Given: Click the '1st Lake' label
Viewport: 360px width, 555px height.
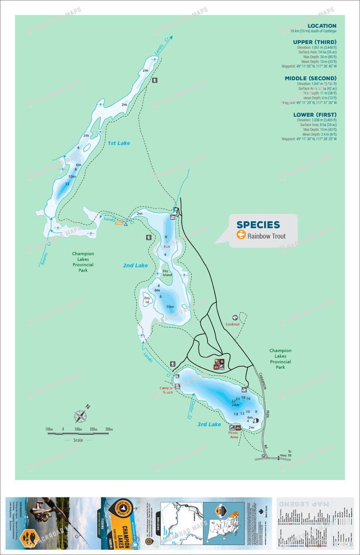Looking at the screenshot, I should tap(118, 143).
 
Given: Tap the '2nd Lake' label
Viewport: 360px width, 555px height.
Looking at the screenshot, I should tap(135, 265).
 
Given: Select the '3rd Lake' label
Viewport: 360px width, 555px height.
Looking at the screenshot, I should tap(209, 424).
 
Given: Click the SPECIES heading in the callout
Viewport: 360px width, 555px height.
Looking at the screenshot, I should tap(258, 225).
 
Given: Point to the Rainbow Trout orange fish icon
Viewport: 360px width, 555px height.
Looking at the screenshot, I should tap(241, 235).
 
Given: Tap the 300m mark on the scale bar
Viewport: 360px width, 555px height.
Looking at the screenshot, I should tap(108, 429).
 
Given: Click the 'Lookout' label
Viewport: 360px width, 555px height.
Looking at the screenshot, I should tap(232, 324).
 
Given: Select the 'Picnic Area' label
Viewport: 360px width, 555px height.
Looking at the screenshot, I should tap(234, 435).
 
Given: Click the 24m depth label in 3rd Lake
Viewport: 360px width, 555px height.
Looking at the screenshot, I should tap(235, 405).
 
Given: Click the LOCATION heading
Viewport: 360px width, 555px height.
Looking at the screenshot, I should tap(322, 26).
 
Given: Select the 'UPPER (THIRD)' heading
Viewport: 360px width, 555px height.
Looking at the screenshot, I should tap(315, 42).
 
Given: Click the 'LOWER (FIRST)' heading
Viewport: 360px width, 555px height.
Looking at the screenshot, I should tap(315, 115).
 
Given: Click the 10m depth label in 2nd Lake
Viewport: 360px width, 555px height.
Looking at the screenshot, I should tap(170, 307).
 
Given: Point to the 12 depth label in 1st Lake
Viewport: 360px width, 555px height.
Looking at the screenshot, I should tap(67, 184).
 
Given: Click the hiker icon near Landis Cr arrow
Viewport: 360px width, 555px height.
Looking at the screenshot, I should tap(155, 80).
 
